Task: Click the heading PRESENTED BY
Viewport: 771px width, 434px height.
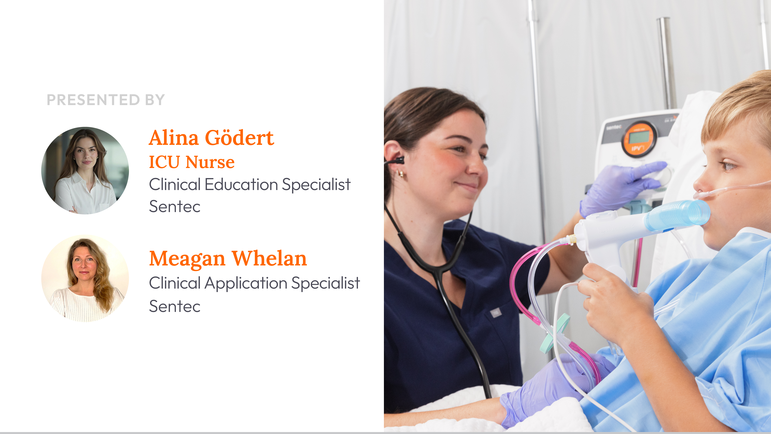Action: (106, 100)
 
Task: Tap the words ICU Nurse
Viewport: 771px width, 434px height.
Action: (192, 162)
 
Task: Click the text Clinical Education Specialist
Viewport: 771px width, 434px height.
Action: (250, 184)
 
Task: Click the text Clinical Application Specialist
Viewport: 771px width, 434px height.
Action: (254, 283)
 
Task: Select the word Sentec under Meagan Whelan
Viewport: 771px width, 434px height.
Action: (175, 306)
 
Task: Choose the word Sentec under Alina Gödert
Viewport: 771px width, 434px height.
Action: (175, 206)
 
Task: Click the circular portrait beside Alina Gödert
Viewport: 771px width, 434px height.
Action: (85, 170)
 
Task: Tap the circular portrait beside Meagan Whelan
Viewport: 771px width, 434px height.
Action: (85, 278)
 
